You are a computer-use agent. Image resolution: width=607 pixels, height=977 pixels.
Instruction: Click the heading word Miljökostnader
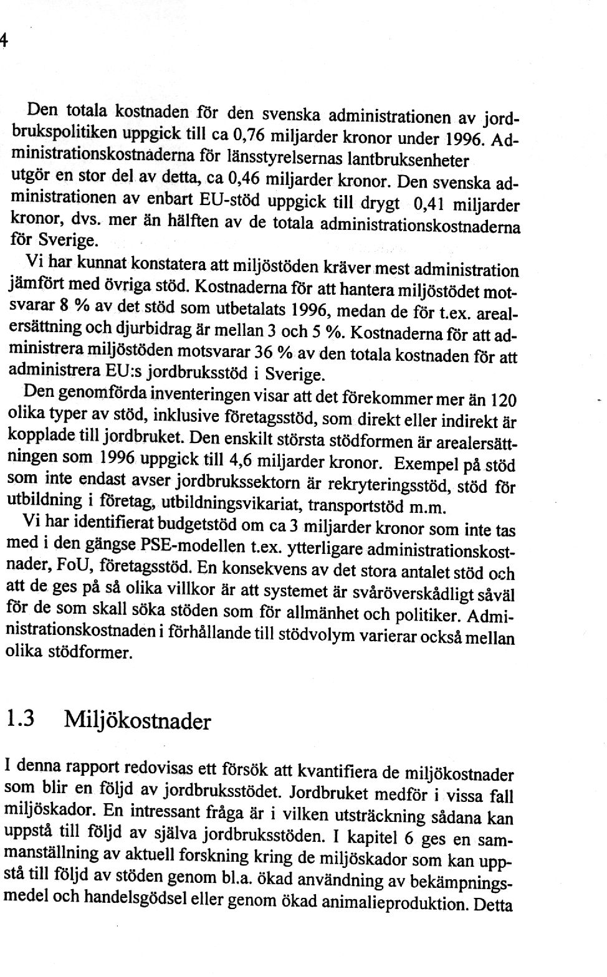click(138, 722)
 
